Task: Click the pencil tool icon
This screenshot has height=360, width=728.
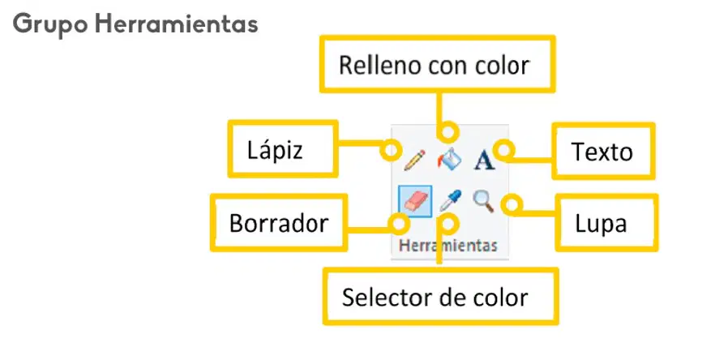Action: tap(414, 160)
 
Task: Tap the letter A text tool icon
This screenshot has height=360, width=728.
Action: tap(484, 161)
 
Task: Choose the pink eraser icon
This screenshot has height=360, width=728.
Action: tap(415, 202)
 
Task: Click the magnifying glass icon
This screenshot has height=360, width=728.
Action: tap(483, 202)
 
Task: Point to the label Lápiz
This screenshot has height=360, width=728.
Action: tap(275, 151)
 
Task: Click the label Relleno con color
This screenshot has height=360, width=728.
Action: tap(434, 65)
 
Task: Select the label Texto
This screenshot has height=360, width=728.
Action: tap(602, 152)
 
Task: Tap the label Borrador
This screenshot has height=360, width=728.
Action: tap(279, 224)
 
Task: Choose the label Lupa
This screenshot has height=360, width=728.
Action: tap(602, 224)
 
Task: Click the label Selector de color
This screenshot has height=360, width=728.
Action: tap(435, 298)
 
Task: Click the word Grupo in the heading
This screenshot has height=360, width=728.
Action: tap(50, 24)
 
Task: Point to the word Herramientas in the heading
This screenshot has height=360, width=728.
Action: tap(177, 24)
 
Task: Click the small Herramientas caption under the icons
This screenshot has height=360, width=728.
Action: tap(448, 245)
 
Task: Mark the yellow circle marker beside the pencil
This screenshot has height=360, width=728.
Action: tap(390, 150)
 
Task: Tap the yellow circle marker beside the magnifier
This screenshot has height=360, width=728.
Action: tap(513, 204)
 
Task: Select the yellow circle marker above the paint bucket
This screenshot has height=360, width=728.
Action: tap(448, 132)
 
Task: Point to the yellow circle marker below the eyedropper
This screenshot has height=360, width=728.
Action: tap(448, 224)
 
